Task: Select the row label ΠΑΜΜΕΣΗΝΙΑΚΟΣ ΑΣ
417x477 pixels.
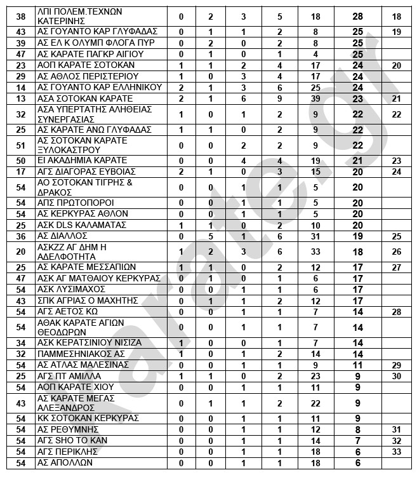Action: [x=82, y=353]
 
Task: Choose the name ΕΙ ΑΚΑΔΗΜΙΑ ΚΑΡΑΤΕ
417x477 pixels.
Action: [x=83, y=160]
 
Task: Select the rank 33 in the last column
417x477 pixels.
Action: [x=397, y=451]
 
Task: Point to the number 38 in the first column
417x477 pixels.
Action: [x=20, y=17]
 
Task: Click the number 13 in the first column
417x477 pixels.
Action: [x=20, y=98]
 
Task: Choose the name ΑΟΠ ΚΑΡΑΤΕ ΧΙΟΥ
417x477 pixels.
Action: [x=76, y=387]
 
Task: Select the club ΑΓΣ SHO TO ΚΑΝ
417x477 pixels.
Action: [x=72, y=440]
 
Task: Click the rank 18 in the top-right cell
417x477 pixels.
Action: [x=397, y=17]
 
